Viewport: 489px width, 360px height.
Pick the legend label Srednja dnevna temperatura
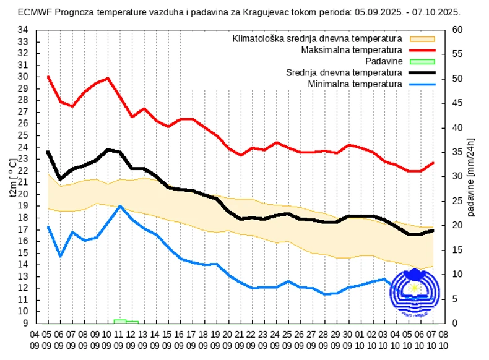click(344, 72)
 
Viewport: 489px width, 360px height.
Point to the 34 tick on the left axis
click(22, 30)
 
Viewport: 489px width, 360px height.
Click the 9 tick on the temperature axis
click(25, 323)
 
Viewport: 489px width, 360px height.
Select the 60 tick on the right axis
click(458, 30)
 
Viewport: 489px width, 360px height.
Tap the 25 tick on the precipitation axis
click(458, 201)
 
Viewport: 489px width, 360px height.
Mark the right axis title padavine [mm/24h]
click(472, 176)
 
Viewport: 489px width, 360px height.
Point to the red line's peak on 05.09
click(48, 77)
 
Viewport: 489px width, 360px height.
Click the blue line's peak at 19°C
click(120, 206)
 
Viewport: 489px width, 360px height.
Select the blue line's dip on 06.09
click(60, 255)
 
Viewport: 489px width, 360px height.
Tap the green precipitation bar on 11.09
click(120, 321)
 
